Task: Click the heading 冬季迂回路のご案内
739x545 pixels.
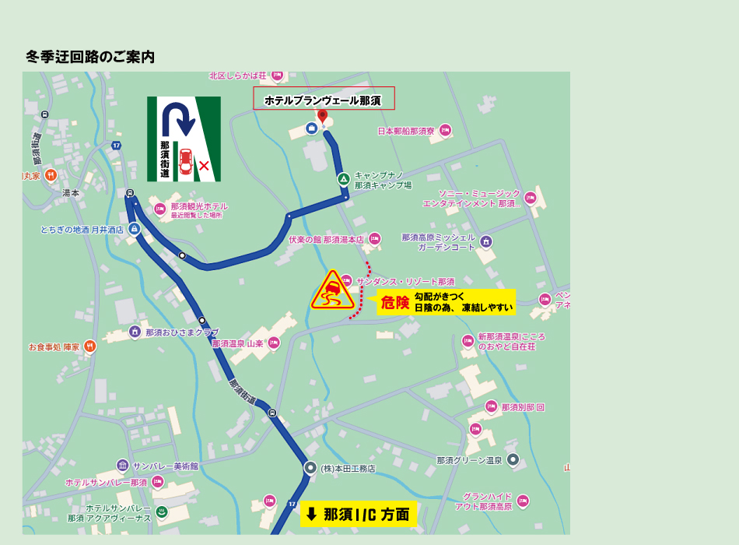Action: pyautogui.click(x=90, y=57)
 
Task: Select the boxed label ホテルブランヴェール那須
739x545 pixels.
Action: pyautogui.click(x=323, y=100)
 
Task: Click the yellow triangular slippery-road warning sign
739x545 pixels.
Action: pyautogui.click(x=333, y=293)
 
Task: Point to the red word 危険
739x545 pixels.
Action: pyautogui.click(x=395, y=303)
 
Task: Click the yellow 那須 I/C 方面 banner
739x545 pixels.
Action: pyautogui.click(x=358, y=514)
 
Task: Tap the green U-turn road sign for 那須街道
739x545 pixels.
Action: pyautogui.click(x=184, y=139)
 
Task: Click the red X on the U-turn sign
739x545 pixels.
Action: pyautogui.click(x=204, y=165)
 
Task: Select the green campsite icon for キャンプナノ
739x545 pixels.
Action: pyautogui.click(x=344, y=179)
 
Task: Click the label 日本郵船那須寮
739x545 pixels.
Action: pyautogui.click(x=406, y=131)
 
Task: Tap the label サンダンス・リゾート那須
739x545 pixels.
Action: pyautogui.click(x=405, y=281)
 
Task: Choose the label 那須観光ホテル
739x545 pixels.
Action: pyautogui.click(x=199, y=206)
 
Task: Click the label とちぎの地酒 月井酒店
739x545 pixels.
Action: pyautogui.click(x=82, y=230)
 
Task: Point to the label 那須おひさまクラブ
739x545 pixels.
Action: pyautogui.click(x=182, y=332)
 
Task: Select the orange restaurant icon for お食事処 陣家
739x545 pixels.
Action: pyautogui.click(x=90, y=346)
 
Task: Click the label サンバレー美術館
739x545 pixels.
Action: pyautogui.click(x=165, y=466)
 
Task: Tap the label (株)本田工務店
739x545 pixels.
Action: pyautogui.click(x=348, y=469)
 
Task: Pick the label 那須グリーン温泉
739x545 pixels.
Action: pyautogui.click(x=470, y=460)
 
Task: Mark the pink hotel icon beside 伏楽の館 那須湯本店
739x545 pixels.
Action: pyautogui.click(x=375, y=239)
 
